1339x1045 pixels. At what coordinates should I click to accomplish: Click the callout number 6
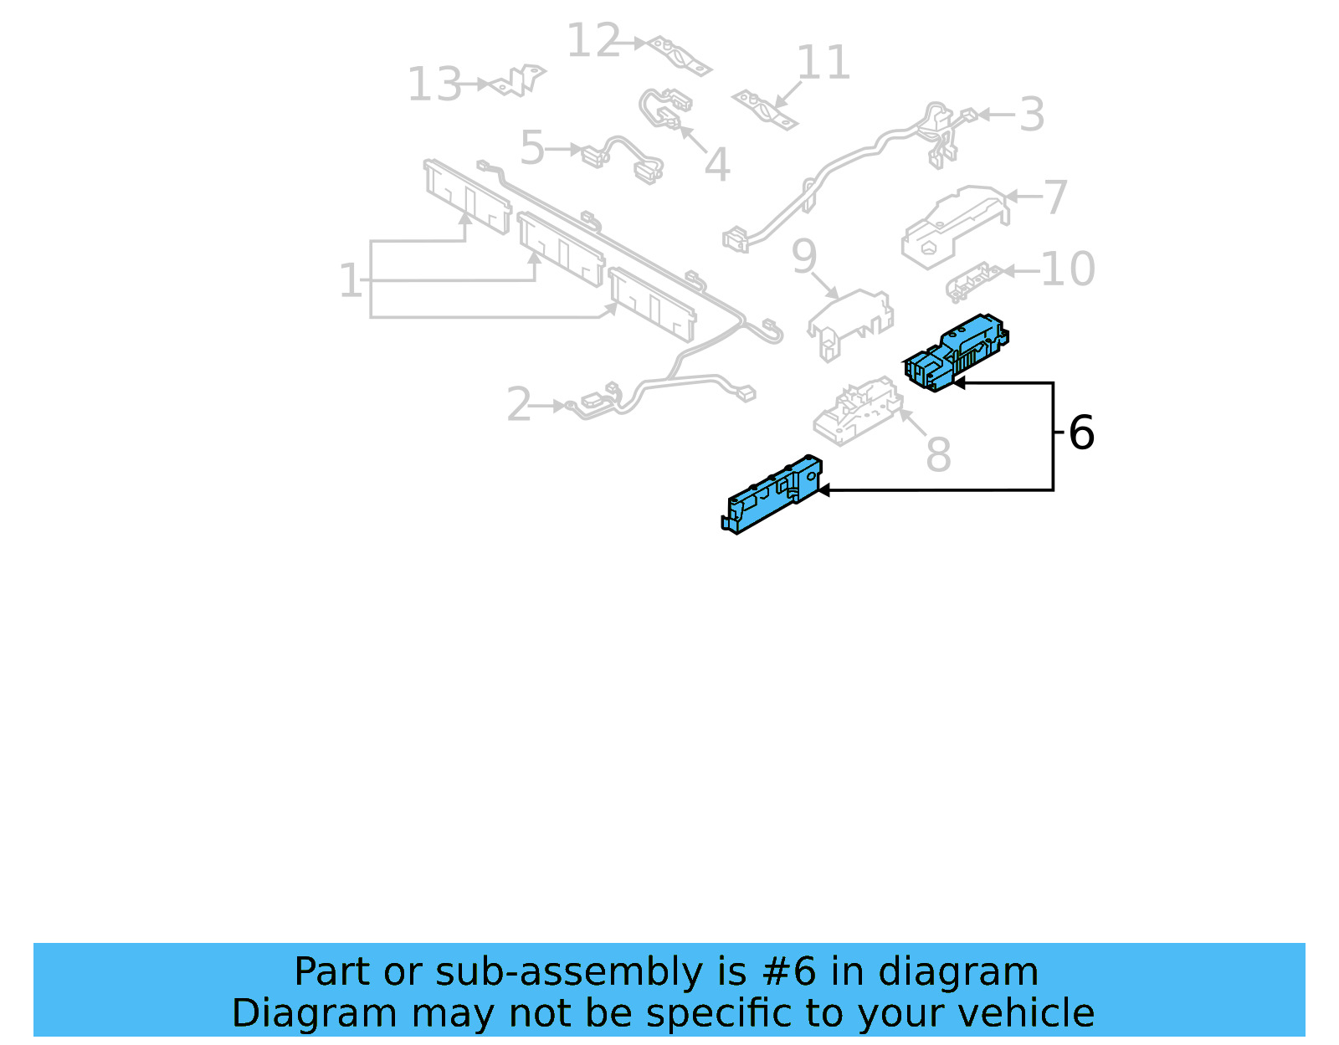tap(1081, 433)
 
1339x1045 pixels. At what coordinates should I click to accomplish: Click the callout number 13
tap(434, 85)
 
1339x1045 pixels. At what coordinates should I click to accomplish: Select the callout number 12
tap(593, 40)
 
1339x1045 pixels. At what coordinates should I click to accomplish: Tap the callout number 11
tap(823, 63)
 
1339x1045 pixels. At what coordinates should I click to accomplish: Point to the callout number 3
tap(1032, 115)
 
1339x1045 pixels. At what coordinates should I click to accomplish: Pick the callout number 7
tap(1056, 197)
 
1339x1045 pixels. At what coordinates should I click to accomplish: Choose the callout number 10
tap(1067, 269)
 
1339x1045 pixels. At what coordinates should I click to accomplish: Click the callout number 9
tap(804, 256)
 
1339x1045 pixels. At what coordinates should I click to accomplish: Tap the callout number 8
tap(938, 455)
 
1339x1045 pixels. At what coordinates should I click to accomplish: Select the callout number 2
tap(520, 405)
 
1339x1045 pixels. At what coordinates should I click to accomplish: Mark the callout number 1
tap(350, 280)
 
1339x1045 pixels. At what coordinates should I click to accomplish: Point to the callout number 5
tap(532, 148)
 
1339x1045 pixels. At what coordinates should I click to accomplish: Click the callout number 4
tap(717, 165)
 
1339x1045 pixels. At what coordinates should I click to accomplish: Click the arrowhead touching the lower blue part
tap(823, 490)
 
